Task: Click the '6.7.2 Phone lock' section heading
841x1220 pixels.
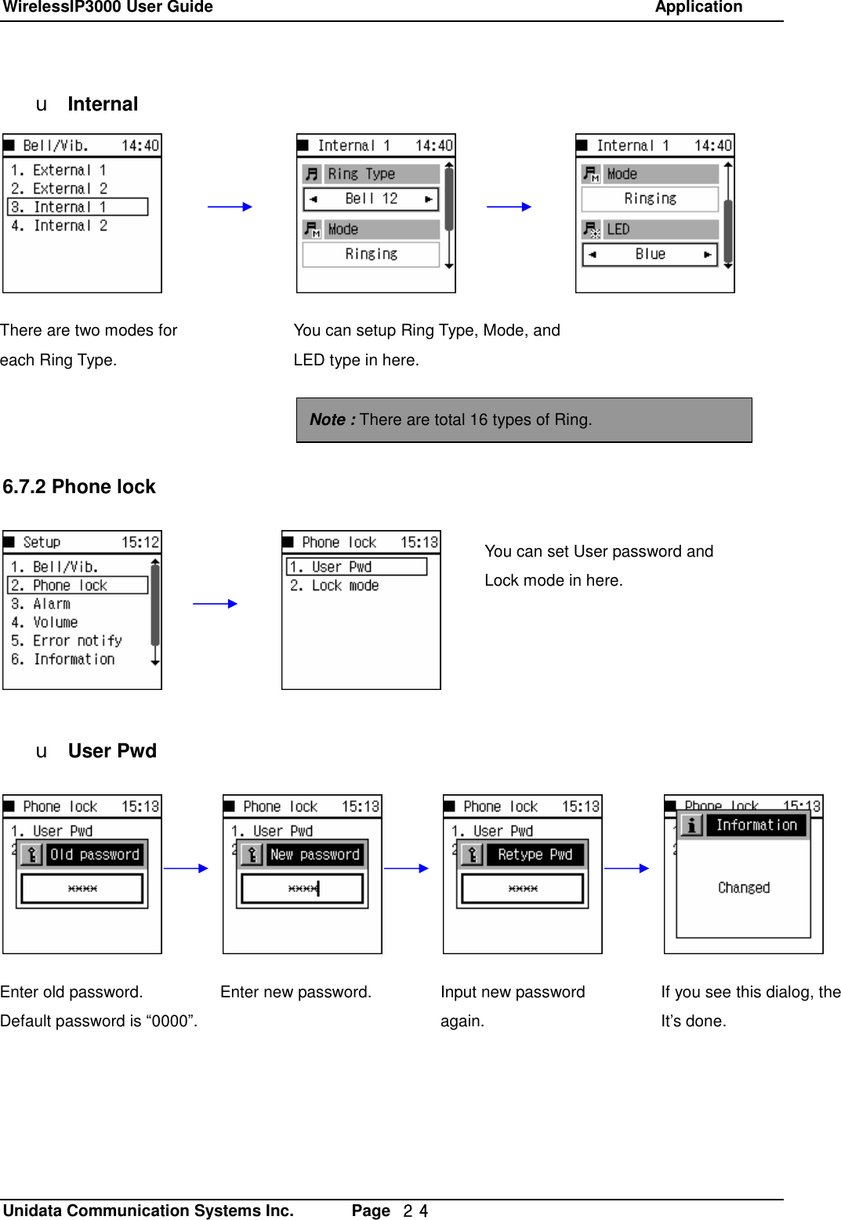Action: pyautogui.click(x=79, y=487)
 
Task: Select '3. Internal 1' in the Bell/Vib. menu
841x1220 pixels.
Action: pyautogui.click(x=77, y=207)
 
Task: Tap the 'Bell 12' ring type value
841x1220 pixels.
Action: pyautogui.click(x=371, y=199)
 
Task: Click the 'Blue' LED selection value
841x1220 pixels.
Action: pyautogui.click(x=650, y=254)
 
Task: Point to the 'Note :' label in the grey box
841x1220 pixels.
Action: pyautogui.click(x=332, y=419)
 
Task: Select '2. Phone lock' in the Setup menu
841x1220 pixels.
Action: pyautogui.click(x=77, y=586)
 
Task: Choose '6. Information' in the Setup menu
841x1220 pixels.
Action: pyautogui.click(x=63, y=659)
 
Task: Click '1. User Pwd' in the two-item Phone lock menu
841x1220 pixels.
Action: pyautogui.click(x=356, y=567)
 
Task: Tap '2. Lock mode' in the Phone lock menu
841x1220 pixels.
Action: pyautogui.click(x=335, y=586)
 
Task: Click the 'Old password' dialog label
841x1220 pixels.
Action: pyautogui.click(x=94, y=855)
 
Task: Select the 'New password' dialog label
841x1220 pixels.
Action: pyautogui.click(x=314, y=855)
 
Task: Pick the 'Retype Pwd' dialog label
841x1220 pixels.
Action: pyautogui.click(x=535, y=855)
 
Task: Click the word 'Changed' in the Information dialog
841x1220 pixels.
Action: pyautogui.click(x=744, y=888)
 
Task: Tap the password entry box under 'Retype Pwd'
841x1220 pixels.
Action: pyautogui.click(x=523, y=888)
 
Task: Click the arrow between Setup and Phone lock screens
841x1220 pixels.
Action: pyautogui.click(x=215, y=604)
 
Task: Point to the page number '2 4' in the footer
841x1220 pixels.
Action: pyautogui.click(x=415, y=1211)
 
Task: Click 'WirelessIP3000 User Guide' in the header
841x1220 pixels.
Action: pyautogui.click(x=107, y=7)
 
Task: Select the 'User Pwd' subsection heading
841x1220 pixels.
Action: pyautogui.click(x=112, y=751)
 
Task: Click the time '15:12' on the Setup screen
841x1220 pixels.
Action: pyautogui.click(x=140, y=543)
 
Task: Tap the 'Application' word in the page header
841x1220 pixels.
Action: pyautogui.click(x=698, y=7)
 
